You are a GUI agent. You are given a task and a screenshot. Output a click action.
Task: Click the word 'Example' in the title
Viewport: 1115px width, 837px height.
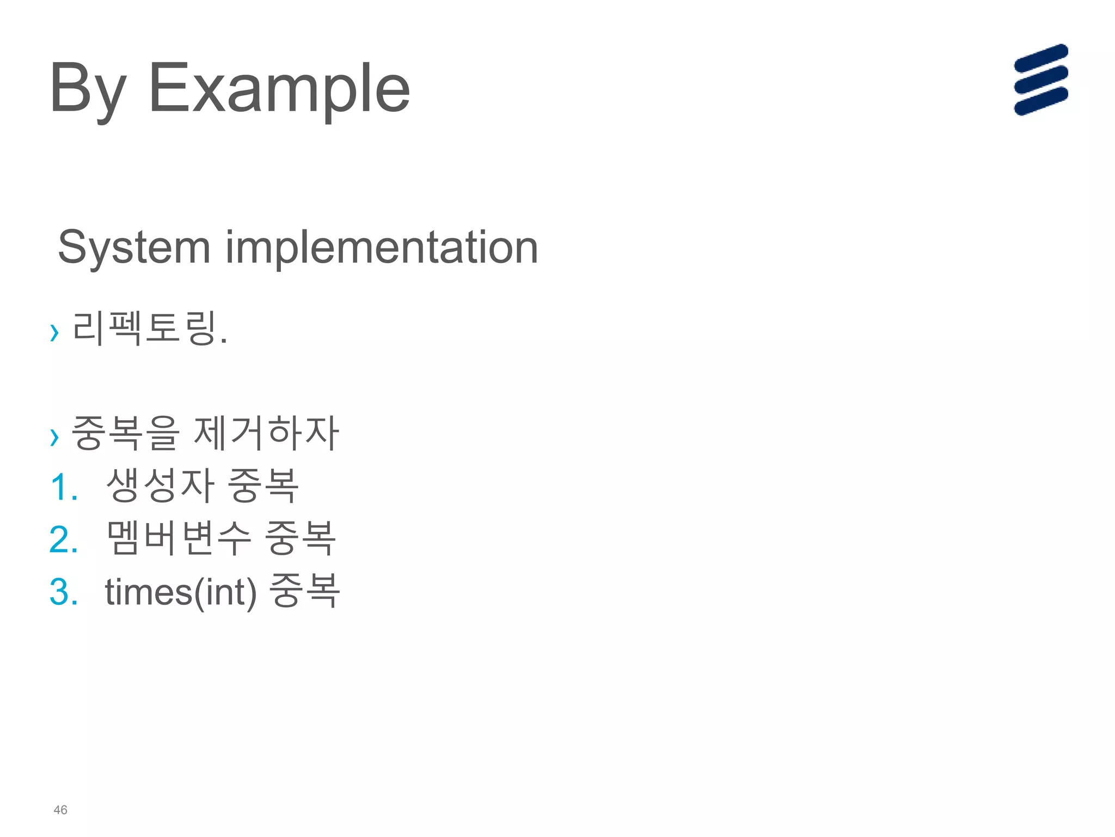pos(279,88)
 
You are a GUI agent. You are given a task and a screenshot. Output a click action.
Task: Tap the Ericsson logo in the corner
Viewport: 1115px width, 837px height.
pos(1040,80)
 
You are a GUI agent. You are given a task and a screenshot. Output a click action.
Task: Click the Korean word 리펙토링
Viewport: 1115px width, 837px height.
pos(144,329)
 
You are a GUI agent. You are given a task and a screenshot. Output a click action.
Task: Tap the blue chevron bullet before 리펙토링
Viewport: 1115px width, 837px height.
pos(54,331)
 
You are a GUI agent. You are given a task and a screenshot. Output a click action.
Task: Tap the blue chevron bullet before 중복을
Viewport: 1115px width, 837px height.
pos(54,436)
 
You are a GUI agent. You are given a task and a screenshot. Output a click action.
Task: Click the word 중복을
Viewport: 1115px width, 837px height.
pos(125,433)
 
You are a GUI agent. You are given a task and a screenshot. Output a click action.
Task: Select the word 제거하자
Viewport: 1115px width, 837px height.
pos(266,433)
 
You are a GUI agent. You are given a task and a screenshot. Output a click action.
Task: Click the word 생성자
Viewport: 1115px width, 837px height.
pos(160,486)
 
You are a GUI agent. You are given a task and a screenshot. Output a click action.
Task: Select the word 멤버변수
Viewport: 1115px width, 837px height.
pos(179,538)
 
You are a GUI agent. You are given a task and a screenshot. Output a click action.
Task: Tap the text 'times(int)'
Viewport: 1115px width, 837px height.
pos(181,592)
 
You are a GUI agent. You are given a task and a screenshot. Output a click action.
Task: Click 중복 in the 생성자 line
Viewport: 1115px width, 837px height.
pos(263,486)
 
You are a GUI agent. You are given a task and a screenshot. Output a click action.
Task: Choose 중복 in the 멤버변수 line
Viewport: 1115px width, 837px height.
pos(300,538)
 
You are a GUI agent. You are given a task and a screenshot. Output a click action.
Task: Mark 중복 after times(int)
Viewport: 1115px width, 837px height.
pos(305,591)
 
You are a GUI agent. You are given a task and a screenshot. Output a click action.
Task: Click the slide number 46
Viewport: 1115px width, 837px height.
pos(60,810)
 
